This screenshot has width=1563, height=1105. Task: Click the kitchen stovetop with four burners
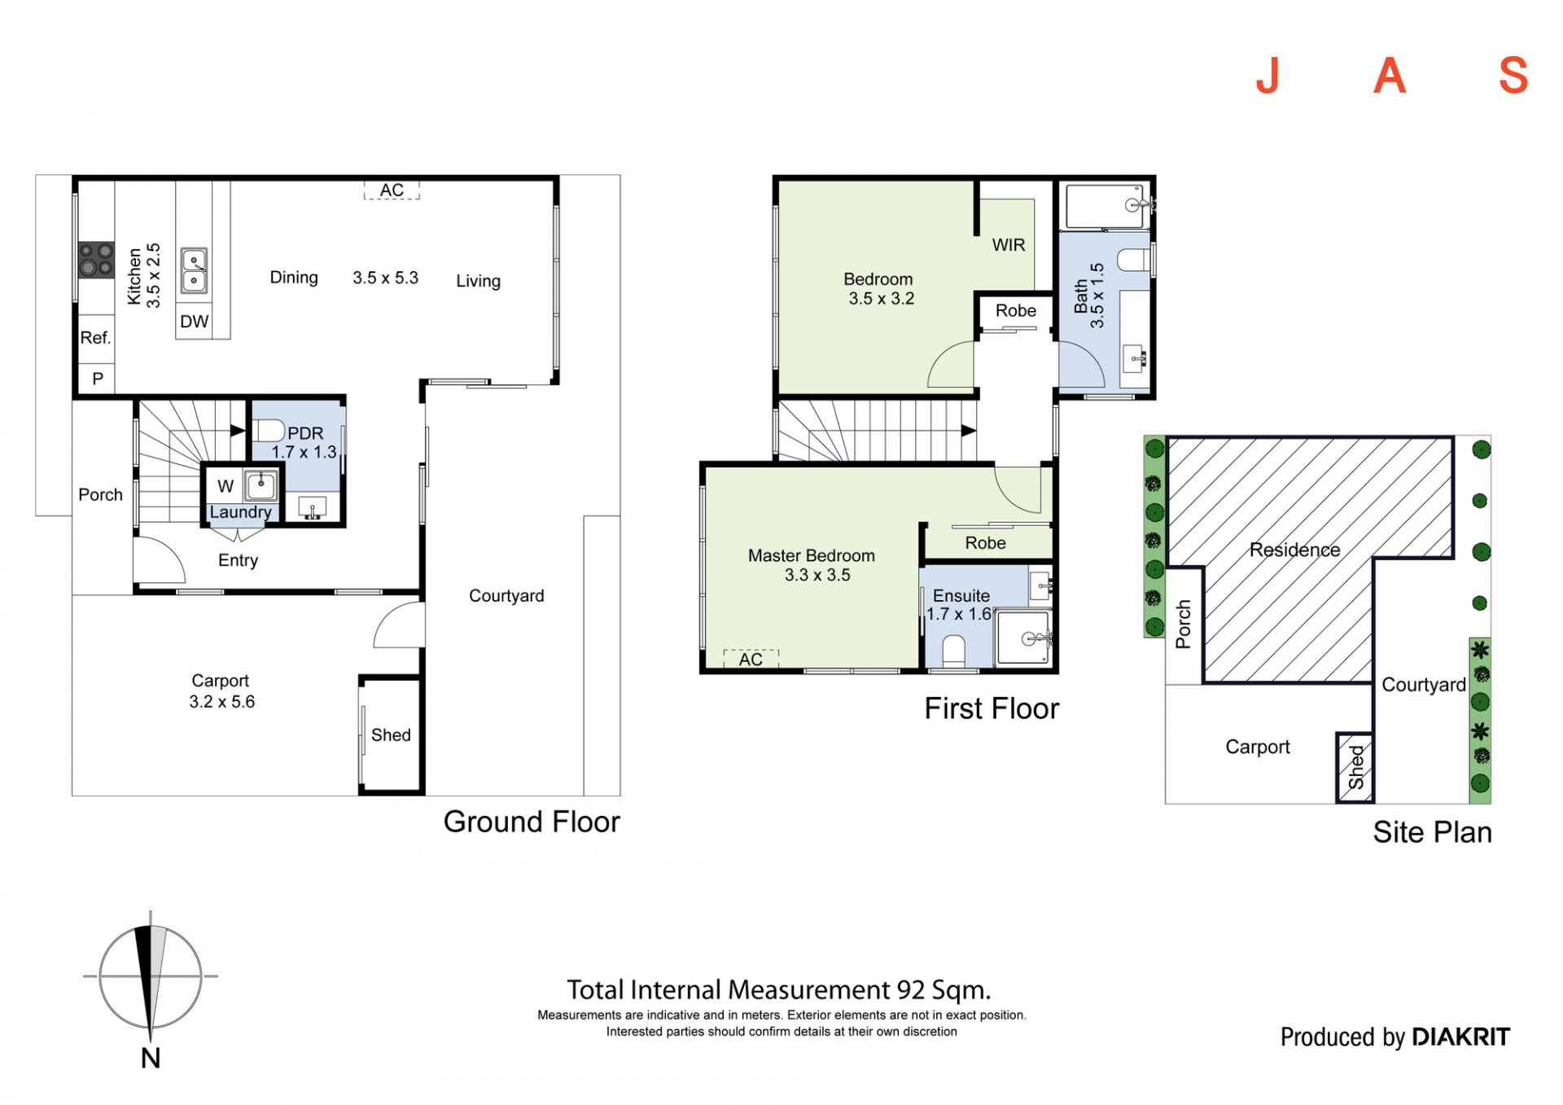tap(96, 260)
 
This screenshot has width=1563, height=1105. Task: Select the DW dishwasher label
tap(195, 322)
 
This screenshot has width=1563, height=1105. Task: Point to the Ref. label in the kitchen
tap(95, 337)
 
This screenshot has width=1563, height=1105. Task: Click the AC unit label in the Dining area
tap(392, 190)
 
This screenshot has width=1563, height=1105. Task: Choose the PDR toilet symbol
tap(268, 431)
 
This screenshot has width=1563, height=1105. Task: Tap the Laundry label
tap(240, 512)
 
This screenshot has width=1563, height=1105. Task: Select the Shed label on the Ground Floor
tap(391, 734)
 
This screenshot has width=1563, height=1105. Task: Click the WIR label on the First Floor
tap(1009, 245)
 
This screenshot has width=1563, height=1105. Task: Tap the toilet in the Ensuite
tap(953, 651)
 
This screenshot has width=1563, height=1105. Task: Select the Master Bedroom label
tap(812, 555)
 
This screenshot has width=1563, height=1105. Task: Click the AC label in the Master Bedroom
tap(751, 659)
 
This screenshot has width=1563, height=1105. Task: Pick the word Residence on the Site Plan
tap(1294, 550)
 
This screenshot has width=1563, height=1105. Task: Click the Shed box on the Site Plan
tap(1355, 767)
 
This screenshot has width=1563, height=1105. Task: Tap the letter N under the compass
tap(151, 1058)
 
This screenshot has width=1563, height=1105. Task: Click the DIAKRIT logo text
tap(1460, 1037)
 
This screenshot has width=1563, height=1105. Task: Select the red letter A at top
tap(1390, 76)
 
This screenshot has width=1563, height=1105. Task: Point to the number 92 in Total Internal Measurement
tap(911, 989)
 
